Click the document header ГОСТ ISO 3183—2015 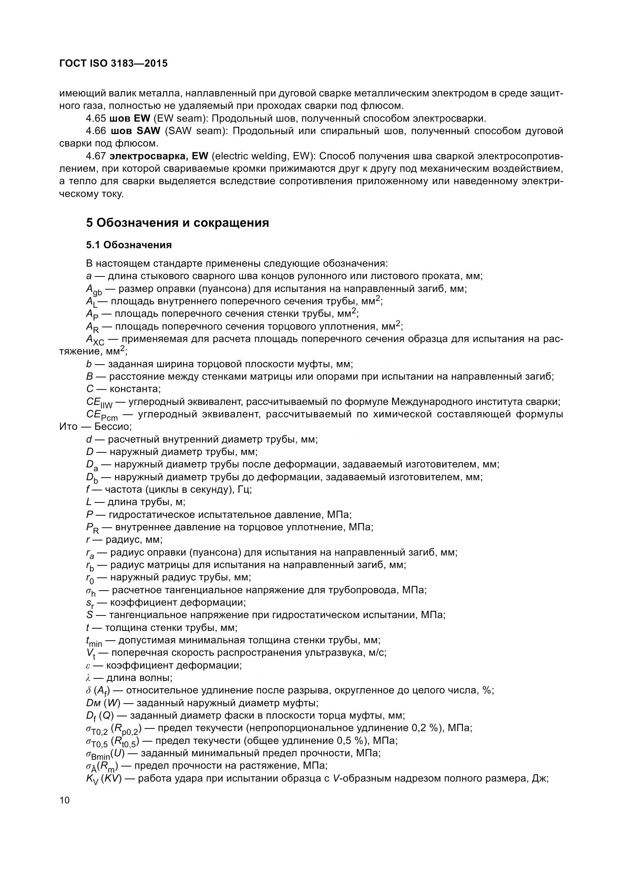113,63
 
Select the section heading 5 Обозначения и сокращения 177,223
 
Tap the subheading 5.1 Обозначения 129,245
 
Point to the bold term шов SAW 135,131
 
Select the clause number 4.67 96,156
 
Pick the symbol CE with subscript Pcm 101,415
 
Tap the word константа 134,389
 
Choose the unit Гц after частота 244,490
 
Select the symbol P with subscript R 92,528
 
